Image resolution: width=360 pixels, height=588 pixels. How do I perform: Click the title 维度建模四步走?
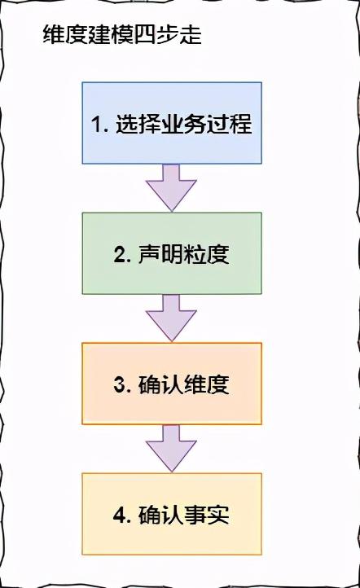(x=122, y=36)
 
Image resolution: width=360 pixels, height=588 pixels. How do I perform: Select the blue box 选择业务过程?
(x=172, y=123)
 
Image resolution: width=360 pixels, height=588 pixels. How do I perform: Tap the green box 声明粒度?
(x=172, y=253)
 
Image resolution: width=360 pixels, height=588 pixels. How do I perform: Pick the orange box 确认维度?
(x=172, y=384)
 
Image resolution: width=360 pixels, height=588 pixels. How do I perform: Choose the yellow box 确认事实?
(x=172, y=514)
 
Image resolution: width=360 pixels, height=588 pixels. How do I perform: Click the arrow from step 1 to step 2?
(x=171, y=188)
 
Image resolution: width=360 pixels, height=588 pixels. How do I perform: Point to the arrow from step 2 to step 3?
(x=171, y=318)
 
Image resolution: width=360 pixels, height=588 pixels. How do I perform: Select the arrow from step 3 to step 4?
(x=171, y=449)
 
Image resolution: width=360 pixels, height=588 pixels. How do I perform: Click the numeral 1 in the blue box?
(x=97, y=124)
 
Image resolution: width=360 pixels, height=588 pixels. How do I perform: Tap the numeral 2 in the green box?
(x=120, y=254)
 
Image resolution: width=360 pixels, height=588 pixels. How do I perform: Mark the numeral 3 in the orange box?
(x=120, y=384)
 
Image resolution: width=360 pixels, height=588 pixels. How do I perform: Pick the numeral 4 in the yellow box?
(x=120, y=515)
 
